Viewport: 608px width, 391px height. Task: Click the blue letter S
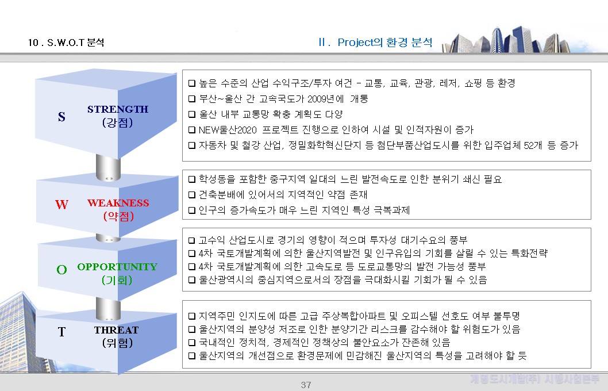point(61,117)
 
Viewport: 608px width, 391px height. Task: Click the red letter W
point(61,205)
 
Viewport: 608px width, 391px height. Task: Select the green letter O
point(61,269)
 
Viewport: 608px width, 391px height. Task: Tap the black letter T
point(61,332)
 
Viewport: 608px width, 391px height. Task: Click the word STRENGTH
point(118,109)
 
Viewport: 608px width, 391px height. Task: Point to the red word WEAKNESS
point(118,203)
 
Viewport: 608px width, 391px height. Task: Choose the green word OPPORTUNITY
point(117,267)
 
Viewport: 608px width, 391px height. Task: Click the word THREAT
point(116,330)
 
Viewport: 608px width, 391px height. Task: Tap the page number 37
point(306,385)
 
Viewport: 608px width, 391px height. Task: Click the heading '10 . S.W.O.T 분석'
point(66,43)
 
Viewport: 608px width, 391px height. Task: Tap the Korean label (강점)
point(117,122)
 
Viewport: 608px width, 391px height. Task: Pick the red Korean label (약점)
point(118,216)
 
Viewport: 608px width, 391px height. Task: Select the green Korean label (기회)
point(117,280)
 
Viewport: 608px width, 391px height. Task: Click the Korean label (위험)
point(117,343)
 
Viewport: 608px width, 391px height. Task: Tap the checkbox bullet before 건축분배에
point(192,195)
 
